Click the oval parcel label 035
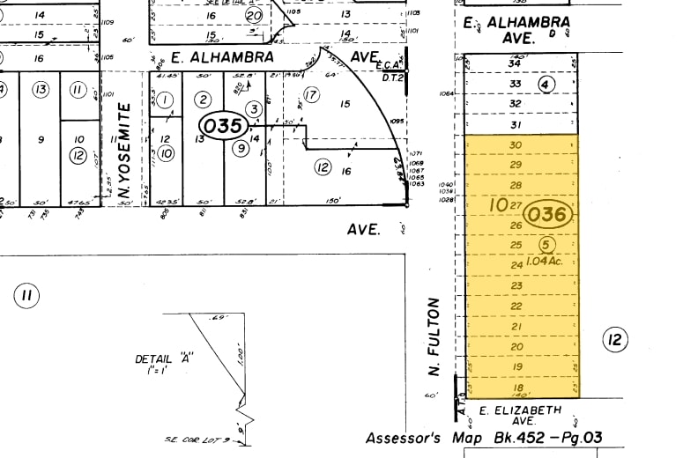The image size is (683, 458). [223, 126]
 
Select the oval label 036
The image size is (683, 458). [548, 214]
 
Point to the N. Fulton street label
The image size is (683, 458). [434, 336]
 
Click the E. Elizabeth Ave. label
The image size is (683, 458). [520, 416]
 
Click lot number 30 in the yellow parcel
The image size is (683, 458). [516, 144]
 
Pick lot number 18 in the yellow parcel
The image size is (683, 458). [517, 388]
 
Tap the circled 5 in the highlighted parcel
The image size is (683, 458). [546, 244]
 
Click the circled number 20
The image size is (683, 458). [255, 16]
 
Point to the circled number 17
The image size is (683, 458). [310, 94]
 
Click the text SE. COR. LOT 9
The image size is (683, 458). [197, 440]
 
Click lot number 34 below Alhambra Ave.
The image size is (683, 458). [516, 63]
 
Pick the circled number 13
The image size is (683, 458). [40, 90]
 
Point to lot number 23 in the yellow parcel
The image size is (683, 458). [517, 285]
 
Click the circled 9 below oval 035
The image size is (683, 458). [239, 148]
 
